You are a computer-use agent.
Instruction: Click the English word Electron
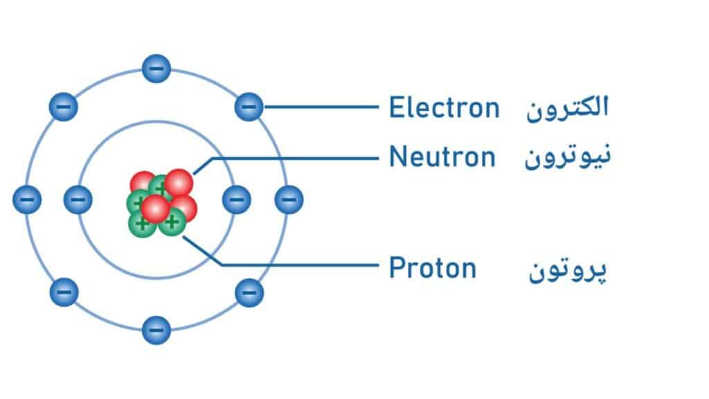pyautogui.click(x=444, y=108)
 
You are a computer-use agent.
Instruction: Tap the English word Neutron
pyautogui.click(x=442, y=157)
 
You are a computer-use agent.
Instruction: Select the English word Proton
pyautogui.click(x=433, y=267)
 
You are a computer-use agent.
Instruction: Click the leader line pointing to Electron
pyautogui.click(x=322, y=107)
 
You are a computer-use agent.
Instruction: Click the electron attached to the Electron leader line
pyautogui.click(x=249, y=107)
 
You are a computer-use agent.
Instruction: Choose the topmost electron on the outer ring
pyautogui.click(x=156, y=69)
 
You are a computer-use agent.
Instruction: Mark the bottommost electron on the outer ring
pyautogui.click(x=156, y=330)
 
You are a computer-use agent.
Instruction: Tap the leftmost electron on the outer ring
pyautogui.click(x=27, y=199)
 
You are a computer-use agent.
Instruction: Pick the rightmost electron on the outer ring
pyautogui.click(x=289, y=199)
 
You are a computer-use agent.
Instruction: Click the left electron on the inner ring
pyautogui.click(x=78, y=199)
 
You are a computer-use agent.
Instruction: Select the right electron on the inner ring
pyautogui.click(x=236, y=199)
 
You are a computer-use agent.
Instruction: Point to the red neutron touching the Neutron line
pyautogui.click(x=179, y=182)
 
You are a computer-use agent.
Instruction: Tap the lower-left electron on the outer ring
pyautogui.click(x=64, y=292)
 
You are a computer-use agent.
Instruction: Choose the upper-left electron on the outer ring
pyautogui.click(x=64, y=107)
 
